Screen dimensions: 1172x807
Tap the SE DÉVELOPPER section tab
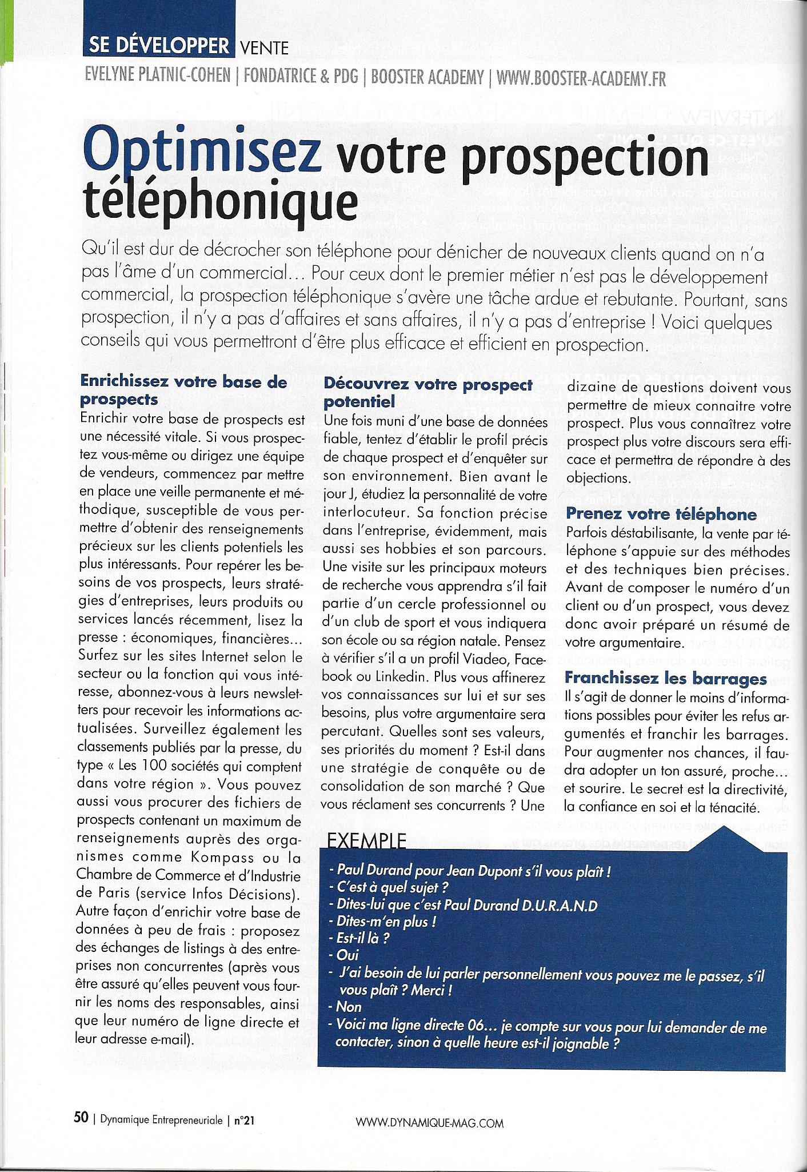(x=158, y=46)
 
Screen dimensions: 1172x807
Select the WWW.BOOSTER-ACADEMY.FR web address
(x=581, y=78)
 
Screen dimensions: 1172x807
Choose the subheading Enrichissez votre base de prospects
(x=183, y=389)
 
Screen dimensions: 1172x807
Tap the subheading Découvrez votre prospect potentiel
(x=428, y=393)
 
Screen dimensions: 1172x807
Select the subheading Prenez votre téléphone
(x=661, y=514)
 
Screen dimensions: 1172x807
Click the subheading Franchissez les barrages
(x=665, y=679)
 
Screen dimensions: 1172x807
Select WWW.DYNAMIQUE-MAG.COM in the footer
(x=429, y=1123)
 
